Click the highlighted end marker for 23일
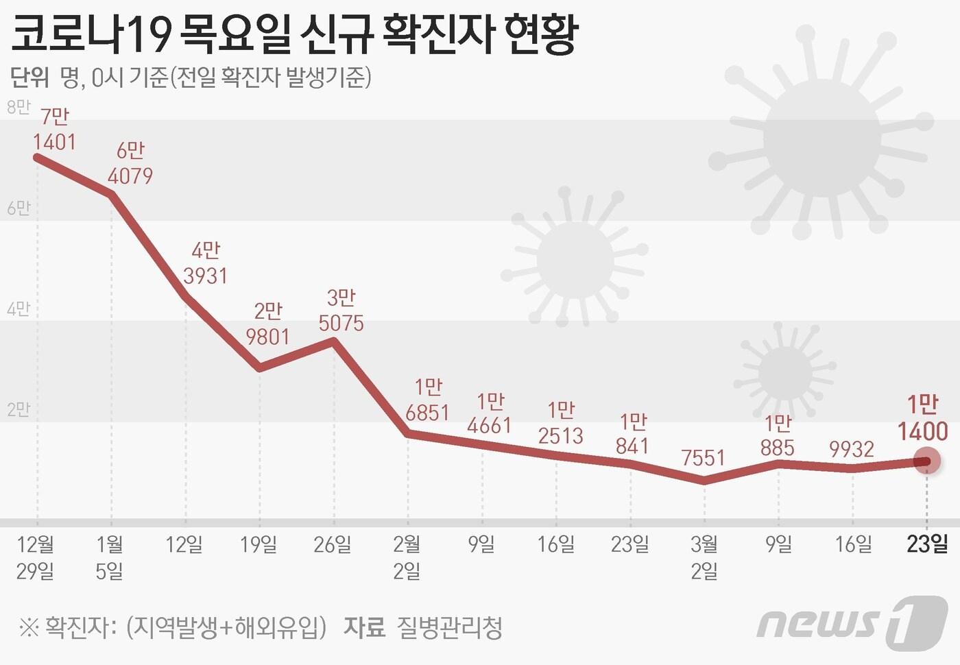coord(927,461)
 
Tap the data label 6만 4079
coord(130,163)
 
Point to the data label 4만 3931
coord(205,263)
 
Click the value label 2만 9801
coord(267,324)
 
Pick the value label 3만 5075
coord(341,310)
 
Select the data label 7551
coord(703,457)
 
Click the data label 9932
coord(852,449)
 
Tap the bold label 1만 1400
coord(922,418)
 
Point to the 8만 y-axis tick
coord(19,107)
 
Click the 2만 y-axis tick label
coord(19,409)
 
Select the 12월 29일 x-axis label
coord(36,557)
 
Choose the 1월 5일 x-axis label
coord(110,557)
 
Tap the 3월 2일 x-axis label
coord(704,557)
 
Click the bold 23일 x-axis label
coord(927,544)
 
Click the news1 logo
coord(852,622)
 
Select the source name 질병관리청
coord(449,627)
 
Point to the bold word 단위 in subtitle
coord(29,77)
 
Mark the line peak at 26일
coord(334,341)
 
